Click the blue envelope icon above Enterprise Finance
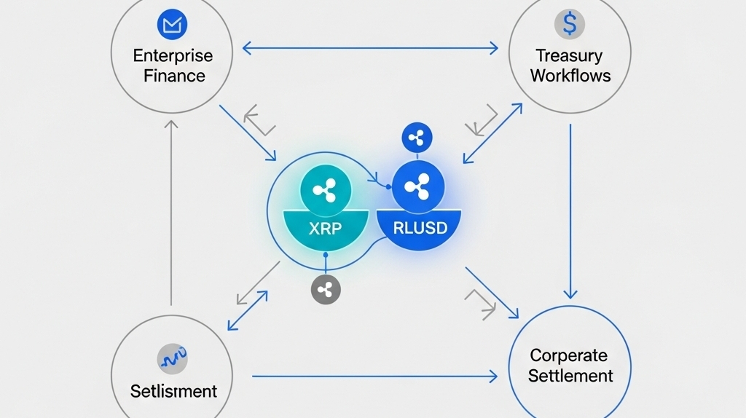click(172, 26)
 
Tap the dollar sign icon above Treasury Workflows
click(569, 24)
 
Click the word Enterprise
click(173, 56)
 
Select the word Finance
click(174, 76)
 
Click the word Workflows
click(570, 75)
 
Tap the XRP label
click(324, 227)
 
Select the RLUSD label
click(420, 227)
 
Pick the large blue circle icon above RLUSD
click(417, 188)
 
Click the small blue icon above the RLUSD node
click(417, 137)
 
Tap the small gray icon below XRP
click(326, 289)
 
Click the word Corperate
click(568, 356)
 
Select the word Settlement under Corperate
click(570, 376)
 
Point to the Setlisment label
click(173, 391)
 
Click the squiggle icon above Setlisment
click(173, 358)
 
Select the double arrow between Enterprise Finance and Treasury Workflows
click(370, 49)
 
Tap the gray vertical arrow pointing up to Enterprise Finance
click(172, 211)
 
